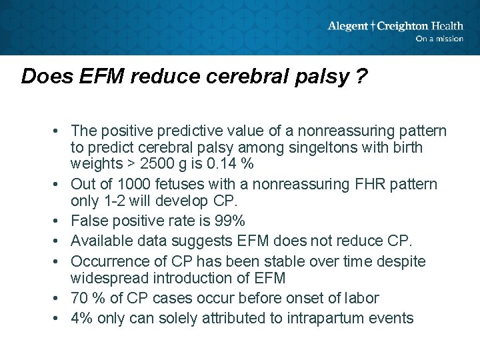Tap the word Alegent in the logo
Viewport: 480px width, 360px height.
[x=347, y=26]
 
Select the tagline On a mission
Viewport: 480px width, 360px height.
[x=439, y=39]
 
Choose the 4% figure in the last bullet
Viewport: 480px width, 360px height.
[x=81, y=318]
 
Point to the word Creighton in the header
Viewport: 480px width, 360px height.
[x=403, y=26]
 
